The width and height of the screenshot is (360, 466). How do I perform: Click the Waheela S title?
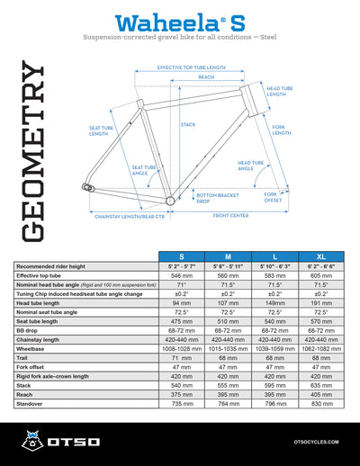pyautogui.click(x=180, y=21)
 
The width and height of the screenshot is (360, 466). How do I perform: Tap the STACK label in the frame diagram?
pyautogui.click(x=188, y=124)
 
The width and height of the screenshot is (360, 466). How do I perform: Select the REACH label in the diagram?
pyautogui.click(x=206, y=77)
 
